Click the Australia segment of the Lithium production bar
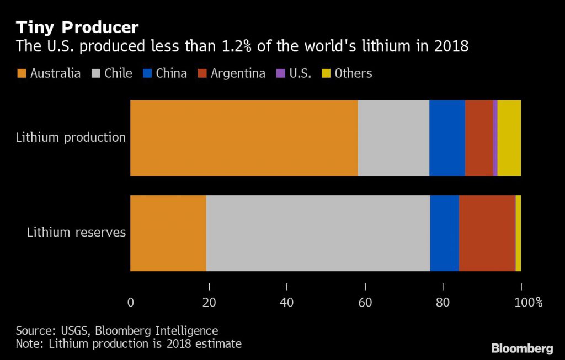click(x=244, y=138)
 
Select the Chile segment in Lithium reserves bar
click(x=318, y=233)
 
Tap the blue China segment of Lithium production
click(x=447, y=138)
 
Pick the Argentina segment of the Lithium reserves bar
click(x=487, y=233)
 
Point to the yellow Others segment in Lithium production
click(x=509, y=138)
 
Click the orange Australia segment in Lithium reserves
click(x=168, y=233)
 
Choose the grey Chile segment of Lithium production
click(x=393, y=138)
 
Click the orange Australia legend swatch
click(x=22, y=73)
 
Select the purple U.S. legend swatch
click(x=279, y=73)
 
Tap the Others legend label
click(x=353, y=73)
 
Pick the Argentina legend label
click(x=238, y=73)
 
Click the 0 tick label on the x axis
click(x=131, y=302)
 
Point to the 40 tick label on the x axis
click(x=287, y=302)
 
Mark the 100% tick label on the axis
click(x=529, y=302)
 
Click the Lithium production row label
click(x=71, y=137)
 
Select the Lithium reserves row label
click(x=76, y=232)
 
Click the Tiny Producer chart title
click(x=77, y=27)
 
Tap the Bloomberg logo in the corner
click(x=522, y=348)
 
